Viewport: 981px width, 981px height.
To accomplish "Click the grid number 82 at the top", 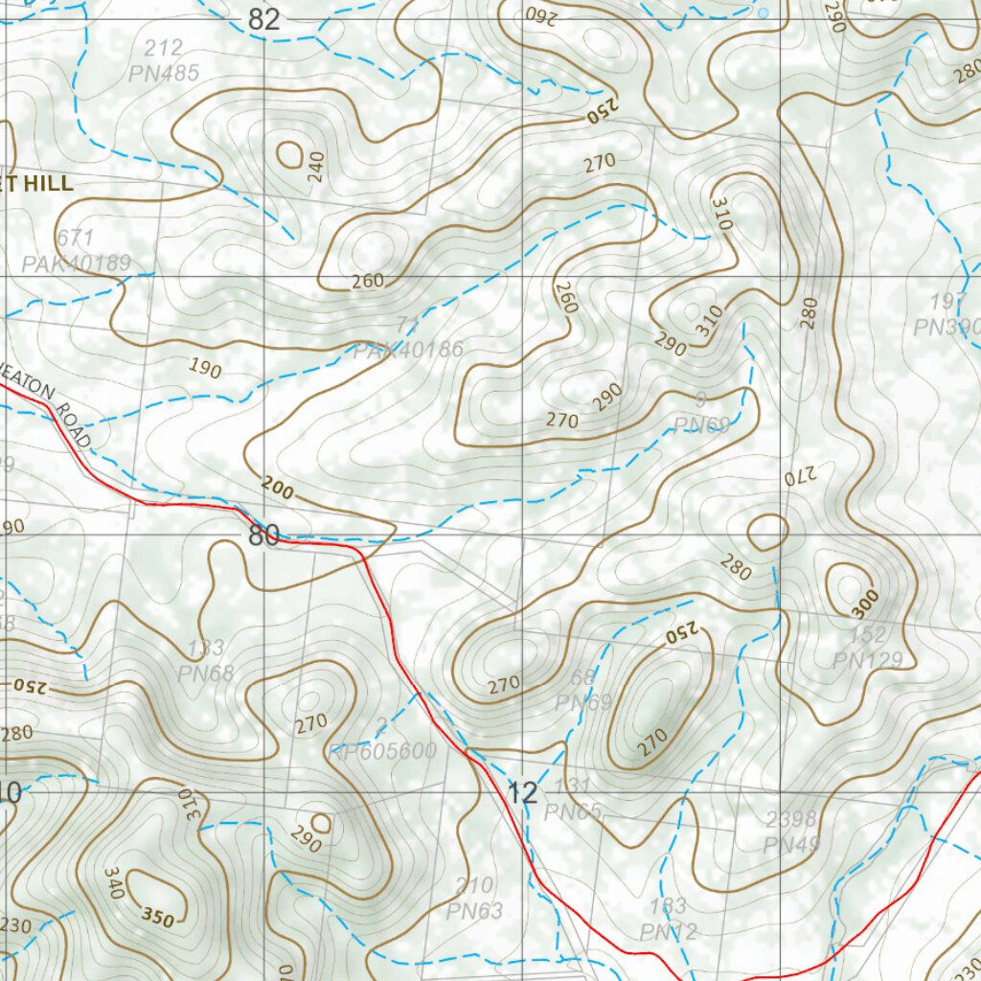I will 263,19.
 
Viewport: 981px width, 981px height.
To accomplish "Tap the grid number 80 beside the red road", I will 263,535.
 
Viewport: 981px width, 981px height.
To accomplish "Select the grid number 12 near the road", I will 523,792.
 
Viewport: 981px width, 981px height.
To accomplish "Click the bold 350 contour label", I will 159,919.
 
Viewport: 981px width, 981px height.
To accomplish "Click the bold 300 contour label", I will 864,603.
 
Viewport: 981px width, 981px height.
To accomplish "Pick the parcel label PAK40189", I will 77,262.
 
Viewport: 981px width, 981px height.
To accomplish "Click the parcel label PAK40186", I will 408,351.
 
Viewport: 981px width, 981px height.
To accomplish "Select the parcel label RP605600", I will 382,751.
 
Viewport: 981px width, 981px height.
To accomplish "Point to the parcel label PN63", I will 473,911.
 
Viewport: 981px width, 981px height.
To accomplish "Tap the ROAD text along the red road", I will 73,425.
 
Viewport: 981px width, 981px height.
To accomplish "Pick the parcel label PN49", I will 790,845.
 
